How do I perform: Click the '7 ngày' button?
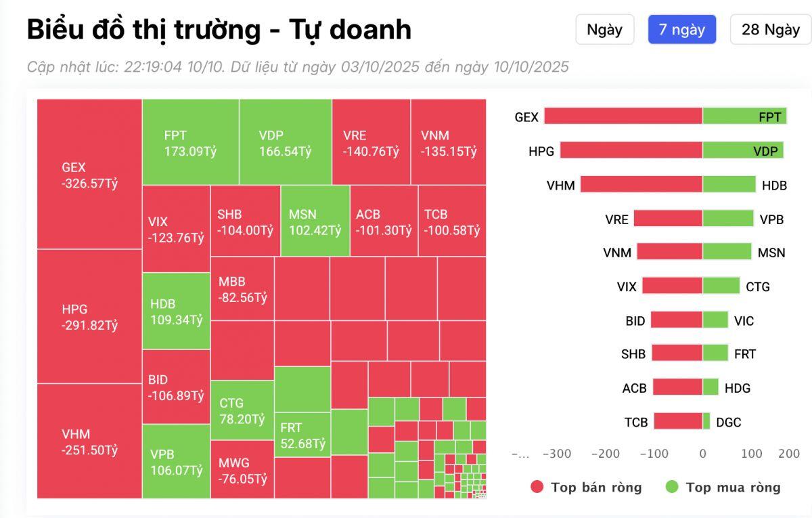681,30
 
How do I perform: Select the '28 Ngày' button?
770,30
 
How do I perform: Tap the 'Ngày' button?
604,30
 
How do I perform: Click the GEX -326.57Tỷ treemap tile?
89,174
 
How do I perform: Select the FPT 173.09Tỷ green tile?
190,142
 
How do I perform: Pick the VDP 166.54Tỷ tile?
285,142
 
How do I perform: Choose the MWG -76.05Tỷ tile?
242,470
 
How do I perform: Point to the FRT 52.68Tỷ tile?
302,435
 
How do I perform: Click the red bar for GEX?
623,116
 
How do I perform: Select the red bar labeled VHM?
641,184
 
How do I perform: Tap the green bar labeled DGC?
706,422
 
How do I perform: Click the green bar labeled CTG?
721,286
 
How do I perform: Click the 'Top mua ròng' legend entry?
723,487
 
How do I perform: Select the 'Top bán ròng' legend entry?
586,487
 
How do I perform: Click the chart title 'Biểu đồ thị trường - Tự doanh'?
219,30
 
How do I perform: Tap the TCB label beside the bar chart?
636,422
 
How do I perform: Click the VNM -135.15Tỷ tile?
448,142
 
